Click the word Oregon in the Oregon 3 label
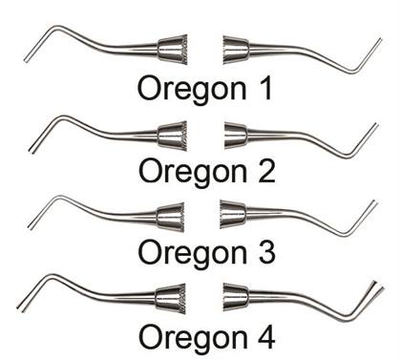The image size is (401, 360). tap(189, 253)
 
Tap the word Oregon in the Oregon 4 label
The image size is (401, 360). tap(189, 336)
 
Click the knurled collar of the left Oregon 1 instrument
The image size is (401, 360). tap(170, 49)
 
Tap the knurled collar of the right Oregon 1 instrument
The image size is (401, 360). tap(237, 49)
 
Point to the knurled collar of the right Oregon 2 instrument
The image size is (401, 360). tap(236, 135)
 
